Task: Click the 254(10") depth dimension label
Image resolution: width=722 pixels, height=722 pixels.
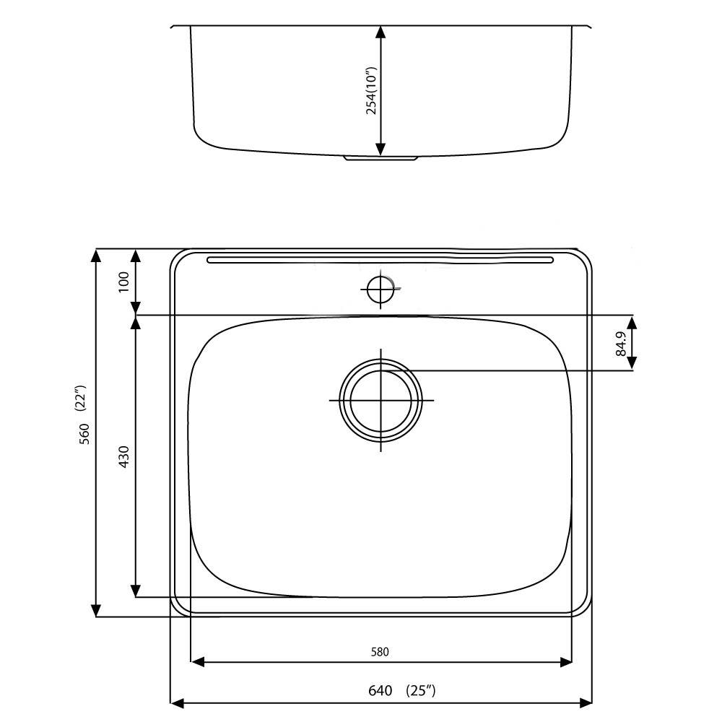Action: point(372,91)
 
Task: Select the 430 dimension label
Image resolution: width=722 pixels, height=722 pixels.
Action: point(123,456)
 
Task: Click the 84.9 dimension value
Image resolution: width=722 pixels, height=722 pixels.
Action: point(620,344)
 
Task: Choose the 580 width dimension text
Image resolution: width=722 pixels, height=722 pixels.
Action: point(380,652)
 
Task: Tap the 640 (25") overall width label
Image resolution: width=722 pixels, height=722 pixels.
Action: point(401,691)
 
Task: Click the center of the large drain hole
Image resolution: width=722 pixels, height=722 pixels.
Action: point(380,400)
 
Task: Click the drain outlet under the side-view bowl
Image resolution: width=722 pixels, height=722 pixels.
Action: point(380,157)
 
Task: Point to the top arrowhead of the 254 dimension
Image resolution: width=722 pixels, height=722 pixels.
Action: point(381,32)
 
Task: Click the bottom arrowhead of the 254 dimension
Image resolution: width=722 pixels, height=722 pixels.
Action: point(381,149)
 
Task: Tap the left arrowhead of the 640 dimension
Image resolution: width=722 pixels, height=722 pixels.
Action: point(176,702)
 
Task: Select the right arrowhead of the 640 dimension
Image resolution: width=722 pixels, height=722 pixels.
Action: point(586,702)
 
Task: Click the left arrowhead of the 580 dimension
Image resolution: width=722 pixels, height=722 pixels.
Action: point(196,661)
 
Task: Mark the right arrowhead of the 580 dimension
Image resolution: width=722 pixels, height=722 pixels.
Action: point(565,661)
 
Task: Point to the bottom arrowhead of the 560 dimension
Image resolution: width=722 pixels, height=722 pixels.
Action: point(96,611)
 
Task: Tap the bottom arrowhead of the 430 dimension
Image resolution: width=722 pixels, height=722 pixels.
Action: point(136,591)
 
